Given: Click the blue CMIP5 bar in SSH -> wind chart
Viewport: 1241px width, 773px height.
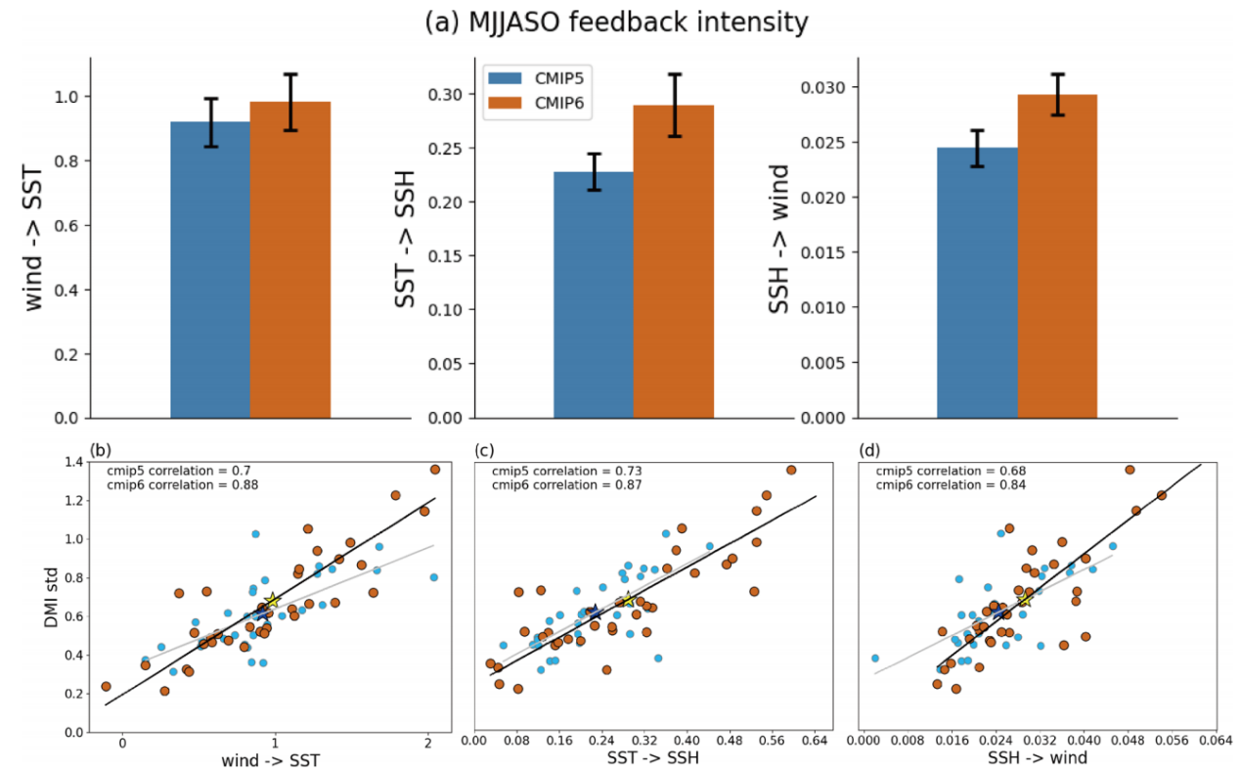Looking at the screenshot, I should click(977, 283).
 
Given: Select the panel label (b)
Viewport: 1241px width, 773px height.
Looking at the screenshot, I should click(101, 450).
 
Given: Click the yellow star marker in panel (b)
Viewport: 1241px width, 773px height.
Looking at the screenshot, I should click(273, 600).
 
